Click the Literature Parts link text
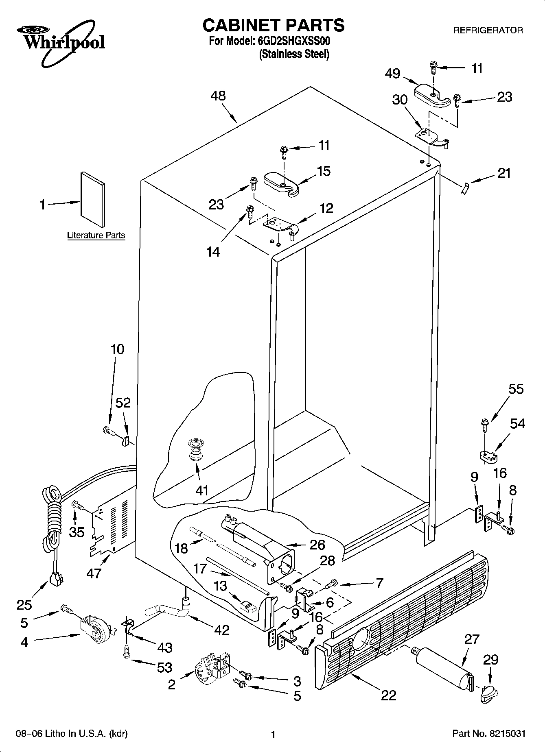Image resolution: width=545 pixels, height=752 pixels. (96, 235)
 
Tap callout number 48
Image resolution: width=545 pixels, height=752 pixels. (218, 96)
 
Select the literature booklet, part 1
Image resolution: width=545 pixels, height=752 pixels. (93, 199)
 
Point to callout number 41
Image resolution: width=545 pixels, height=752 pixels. (201, 490)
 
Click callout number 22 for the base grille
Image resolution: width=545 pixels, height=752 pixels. (388, 695)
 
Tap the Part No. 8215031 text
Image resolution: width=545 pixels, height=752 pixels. (488, 734)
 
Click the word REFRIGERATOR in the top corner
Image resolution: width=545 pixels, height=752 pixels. (488, 30)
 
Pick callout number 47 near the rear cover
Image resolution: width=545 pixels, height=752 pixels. (94, 573)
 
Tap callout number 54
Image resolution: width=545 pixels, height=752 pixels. (517, 423)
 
